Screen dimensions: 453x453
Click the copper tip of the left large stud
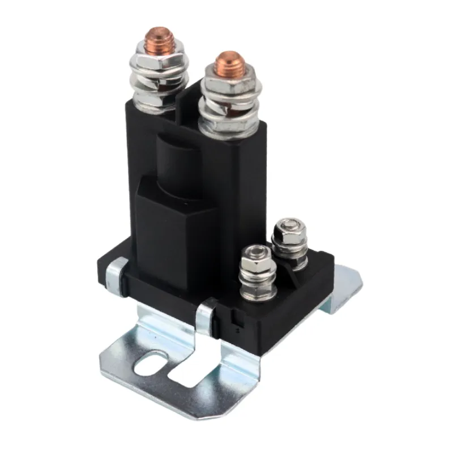point(160,38)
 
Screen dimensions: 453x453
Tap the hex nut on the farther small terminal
point(289,237)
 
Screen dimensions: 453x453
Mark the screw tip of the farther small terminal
point(290,223)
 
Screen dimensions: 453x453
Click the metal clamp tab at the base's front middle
point(206,314)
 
